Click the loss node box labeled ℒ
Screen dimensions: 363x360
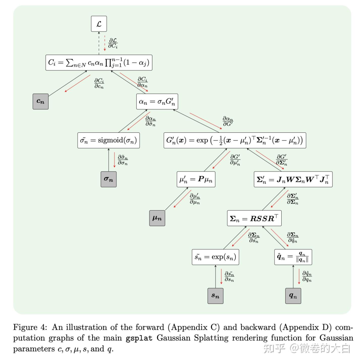99,24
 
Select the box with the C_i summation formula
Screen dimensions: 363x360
99,63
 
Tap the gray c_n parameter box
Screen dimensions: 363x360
41,101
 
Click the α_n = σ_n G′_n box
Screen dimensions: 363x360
157,101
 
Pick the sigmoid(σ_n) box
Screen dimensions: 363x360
109,140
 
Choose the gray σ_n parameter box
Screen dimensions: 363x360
109,179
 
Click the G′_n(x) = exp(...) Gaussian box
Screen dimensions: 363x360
235,140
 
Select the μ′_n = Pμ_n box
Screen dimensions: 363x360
196,179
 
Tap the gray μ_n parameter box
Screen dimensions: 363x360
157,218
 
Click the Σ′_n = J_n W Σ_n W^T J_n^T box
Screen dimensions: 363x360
293,179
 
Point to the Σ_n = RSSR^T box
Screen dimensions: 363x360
254,218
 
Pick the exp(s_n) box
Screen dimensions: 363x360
215,257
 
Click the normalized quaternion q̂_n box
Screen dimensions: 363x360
293,257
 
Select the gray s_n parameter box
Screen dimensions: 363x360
215,296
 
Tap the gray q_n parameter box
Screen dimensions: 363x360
293,296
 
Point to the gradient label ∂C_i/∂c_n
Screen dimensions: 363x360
99,83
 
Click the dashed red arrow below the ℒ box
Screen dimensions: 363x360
105,43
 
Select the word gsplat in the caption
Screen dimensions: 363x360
139,338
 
